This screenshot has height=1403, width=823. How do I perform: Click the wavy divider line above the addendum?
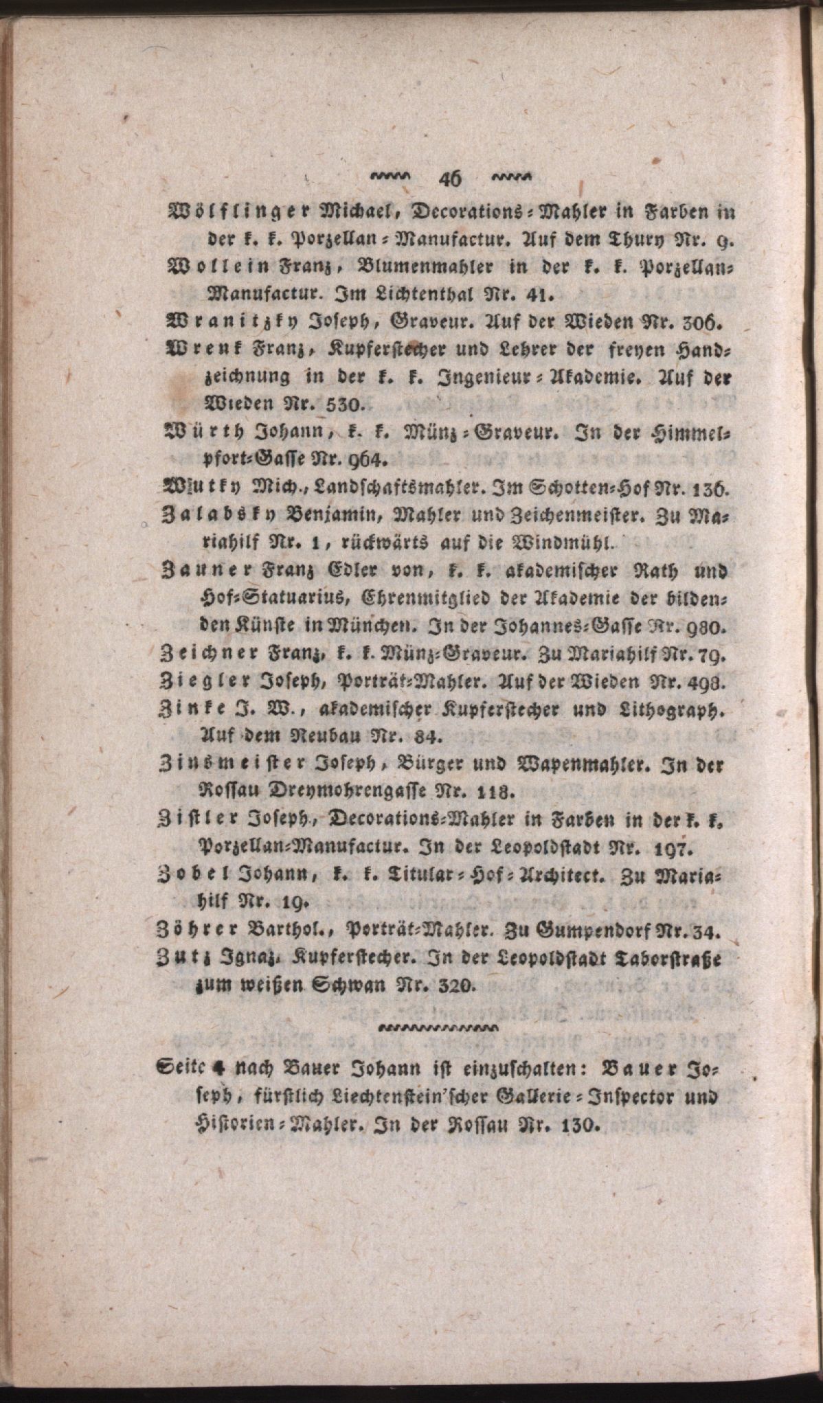click(x=440, y=1028)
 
